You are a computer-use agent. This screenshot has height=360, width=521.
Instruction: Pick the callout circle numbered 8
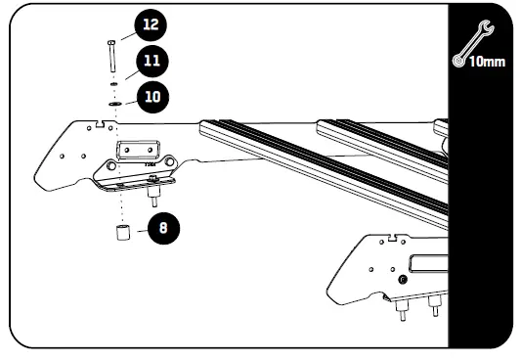pos(162,229)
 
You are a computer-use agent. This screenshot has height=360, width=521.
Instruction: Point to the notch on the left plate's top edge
pos(102,123)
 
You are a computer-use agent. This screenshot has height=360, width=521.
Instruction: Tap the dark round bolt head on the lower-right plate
pos(401,280)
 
